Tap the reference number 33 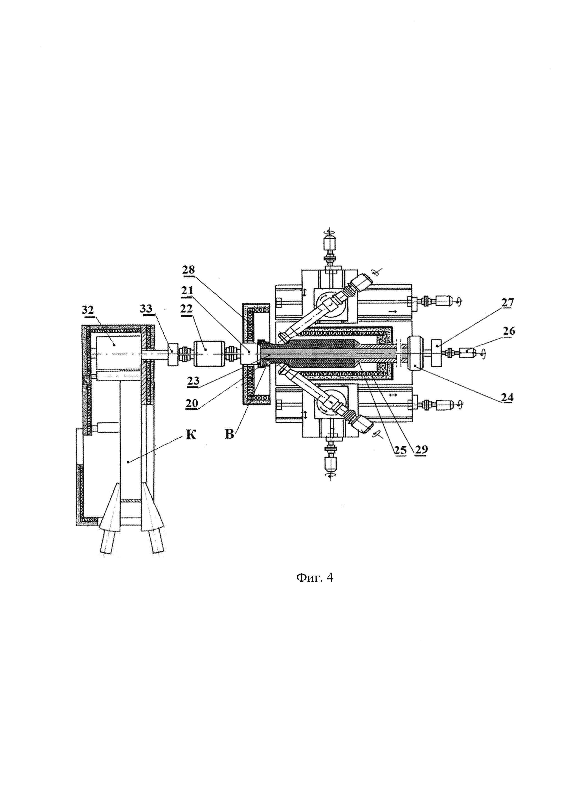(x=146, y=309)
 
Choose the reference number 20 (x=192, y=404)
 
